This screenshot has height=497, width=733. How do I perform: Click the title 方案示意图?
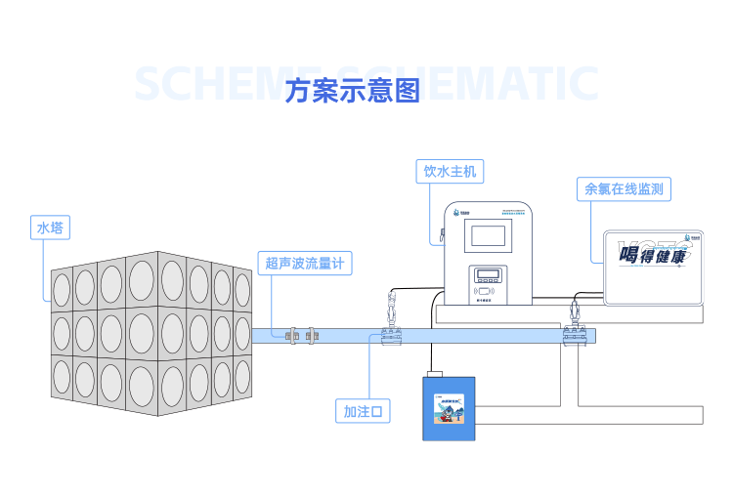[353, 91]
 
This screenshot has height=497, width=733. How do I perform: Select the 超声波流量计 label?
[305, 263]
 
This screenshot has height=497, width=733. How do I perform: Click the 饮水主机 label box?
[450, 172]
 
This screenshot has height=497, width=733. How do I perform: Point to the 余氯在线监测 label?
[624, 189]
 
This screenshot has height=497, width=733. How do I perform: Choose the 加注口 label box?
[363, 412]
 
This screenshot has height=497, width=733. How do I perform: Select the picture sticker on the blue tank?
[449, 410]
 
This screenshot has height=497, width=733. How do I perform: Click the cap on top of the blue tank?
[435, 373]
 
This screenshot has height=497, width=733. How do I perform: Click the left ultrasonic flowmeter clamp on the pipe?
[291, 335]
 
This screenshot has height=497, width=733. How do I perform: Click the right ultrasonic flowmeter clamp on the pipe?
[312, 335]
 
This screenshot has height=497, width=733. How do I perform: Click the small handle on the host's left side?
[442, 235]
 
